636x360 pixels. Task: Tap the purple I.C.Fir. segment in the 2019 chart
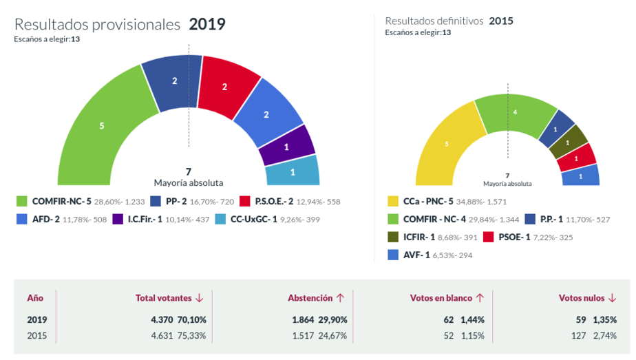286,147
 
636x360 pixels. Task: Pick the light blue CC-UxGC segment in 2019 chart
293,171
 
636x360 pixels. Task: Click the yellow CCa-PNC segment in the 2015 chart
446,144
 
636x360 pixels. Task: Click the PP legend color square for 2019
155,202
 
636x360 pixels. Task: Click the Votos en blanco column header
441,298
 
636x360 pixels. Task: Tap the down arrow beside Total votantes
200,298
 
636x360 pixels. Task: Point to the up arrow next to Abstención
340,298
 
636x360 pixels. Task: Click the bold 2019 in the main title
207,25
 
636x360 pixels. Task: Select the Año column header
35,298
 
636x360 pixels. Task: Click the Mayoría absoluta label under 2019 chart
188,183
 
